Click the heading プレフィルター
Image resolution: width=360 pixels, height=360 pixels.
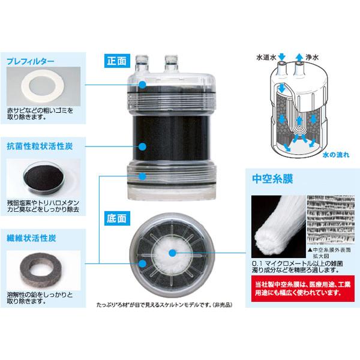click(x=31, y=61)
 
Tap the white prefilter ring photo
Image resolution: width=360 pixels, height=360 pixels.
click(x=43, y=86)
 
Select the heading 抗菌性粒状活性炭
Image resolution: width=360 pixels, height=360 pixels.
click(x=40, y=146)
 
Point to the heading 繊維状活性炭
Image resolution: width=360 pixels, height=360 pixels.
click(x=31, y=238)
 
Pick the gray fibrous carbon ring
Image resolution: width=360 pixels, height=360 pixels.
click(x=41, y=269)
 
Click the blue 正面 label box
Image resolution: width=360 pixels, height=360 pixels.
click(x=117, y=61)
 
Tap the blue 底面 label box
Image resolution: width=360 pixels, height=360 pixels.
click(x=117, y=218)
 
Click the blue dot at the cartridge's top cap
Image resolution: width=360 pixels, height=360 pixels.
click(x=143, y=85)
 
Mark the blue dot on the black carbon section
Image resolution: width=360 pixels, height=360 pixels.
click(x=143, y=147)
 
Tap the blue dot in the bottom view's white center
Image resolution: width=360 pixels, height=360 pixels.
click(x=172, y=253)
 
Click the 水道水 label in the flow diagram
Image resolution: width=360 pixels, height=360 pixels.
click(x=266, y=58)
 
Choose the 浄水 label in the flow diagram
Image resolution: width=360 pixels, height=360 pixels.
click(x=312, y=58)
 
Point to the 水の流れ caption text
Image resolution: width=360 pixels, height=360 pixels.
click(x=335, y=155)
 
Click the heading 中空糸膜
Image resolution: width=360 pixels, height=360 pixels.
click(x=272, y=179)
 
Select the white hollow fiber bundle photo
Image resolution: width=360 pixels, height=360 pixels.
click(x=278, y=227)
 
